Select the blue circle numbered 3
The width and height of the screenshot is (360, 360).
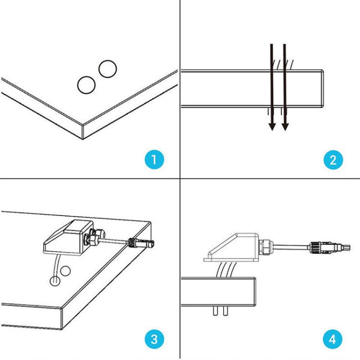click(x=154, y=339)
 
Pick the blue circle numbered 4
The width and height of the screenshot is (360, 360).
click(x=333, y=339)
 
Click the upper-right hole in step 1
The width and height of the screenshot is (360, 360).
click(x=107, y=69)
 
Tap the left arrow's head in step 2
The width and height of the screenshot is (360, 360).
click(x=272, y=126)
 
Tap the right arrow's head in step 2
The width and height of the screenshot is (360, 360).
click(x=285, y=126)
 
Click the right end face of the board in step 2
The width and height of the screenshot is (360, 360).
click(x=325, y=89)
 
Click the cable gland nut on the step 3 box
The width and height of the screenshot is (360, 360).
click(x=95, y=237)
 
